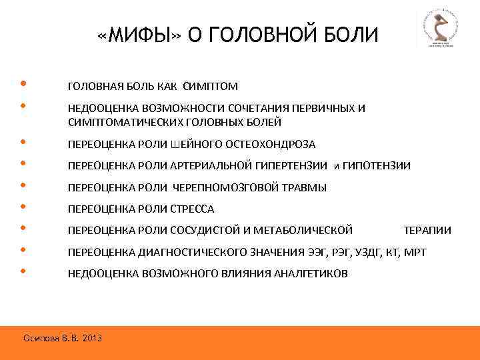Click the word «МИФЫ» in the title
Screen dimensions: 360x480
139,33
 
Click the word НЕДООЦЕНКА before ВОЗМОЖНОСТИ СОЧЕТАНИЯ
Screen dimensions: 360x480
99,109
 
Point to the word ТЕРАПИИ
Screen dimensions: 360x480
427,231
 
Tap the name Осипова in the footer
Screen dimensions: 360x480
41,339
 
